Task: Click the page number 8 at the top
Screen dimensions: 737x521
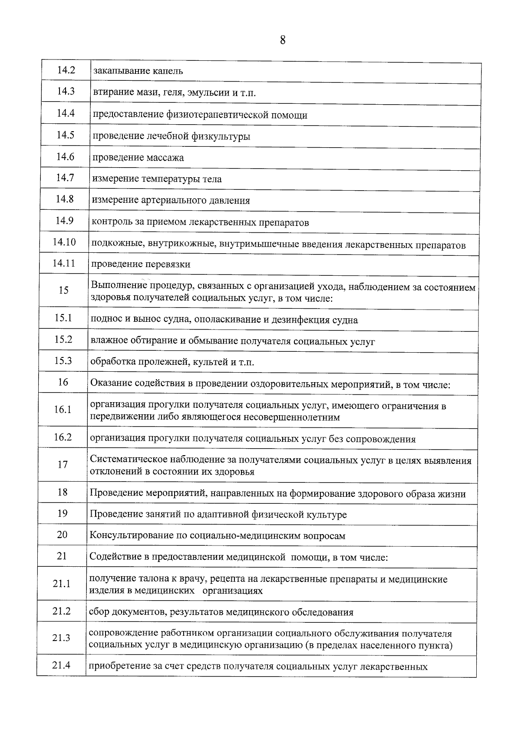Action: point(283,40)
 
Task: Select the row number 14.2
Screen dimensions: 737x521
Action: point(66,70)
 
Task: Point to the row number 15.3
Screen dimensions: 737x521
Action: point(63,361)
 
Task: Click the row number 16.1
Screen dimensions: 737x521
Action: point(63,410)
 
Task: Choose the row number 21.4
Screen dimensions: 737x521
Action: point(61,665)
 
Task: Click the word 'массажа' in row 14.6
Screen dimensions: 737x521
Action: point(166,158)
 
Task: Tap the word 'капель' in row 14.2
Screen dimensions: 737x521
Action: point(168,71)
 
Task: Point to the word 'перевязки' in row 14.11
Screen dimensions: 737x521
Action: point(168,264)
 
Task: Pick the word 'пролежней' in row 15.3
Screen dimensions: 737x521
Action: point(165,362)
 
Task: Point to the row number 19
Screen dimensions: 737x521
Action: point(63,513)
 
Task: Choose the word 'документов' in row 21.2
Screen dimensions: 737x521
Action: point(140,613)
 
